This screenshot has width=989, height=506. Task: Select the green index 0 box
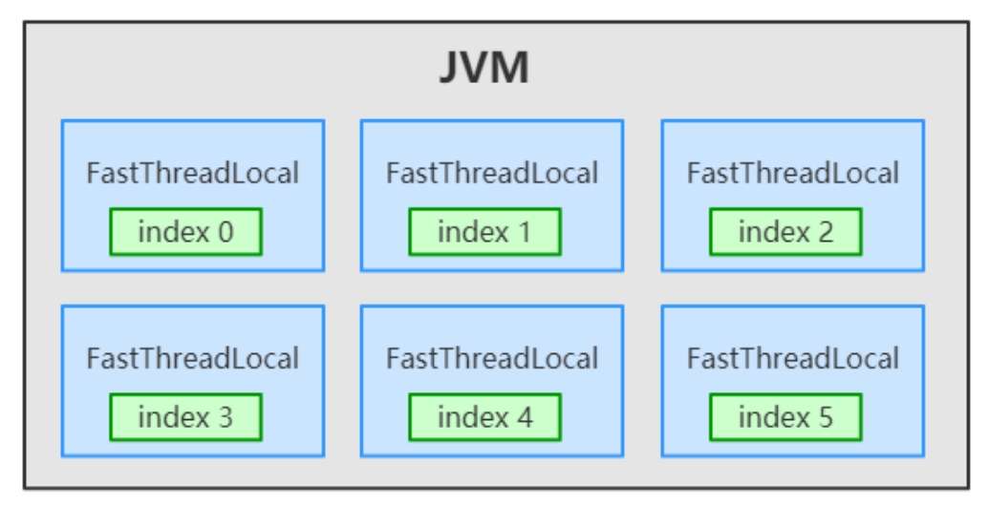[185, 232]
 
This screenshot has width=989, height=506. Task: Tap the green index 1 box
[485, 232]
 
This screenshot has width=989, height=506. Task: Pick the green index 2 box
[785, 232]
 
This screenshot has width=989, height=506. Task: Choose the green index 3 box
[185, 417]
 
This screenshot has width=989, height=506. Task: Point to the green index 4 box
[485, 417]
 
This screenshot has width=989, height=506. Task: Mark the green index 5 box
[785, 417]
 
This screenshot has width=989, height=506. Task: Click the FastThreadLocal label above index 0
[192, 174]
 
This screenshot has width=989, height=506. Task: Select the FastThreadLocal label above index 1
[492, 174]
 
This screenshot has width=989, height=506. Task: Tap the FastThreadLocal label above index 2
[793, 174]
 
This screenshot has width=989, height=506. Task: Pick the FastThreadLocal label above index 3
[192, 359]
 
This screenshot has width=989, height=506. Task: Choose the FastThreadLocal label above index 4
[492, 359]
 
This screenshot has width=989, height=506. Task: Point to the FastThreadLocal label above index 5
[793, 359]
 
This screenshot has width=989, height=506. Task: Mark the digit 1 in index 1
[525, 232]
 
